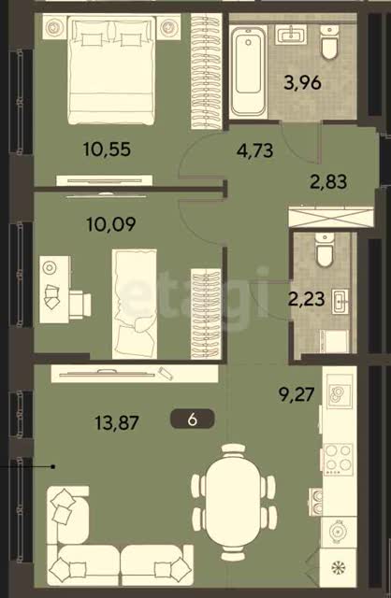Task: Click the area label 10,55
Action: (x=107, y=149)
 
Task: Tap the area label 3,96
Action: (x=302, y=82)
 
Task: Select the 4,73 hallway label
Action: (x=254, y=150)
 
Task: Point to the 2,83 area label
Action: (x=328, y=181)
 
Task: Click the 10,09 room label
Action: (x=111, y=224)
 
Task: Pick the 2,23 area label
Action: (x=306, y=299)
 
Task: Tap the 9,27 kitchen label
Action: (x=297, y=394)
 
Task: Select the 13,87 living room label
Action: (x=117, y=422)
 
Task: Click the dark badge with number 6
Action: (x=193, y=420)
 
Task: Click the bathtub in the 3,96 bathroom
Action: (x=248, y=69)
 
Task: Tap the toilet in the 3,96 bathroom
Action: (x=329, y=41)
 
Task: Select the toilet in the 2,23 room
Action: (x=325, y=249)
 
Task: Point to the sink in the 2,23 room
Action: (x=340, y=302)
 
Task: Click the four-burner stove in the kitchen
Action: (x=338, y=459)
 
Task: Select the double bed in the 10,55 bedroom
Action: (x=111, y=70)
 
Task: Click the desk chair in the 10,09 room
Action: (x=80, y=305)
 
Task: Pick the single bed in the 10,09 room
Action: (x=135, y=304)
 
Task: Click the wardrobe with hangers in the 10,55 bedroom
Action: (x=206, y=71)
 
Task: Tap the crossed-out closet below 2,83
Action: (x=331, y=217)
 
